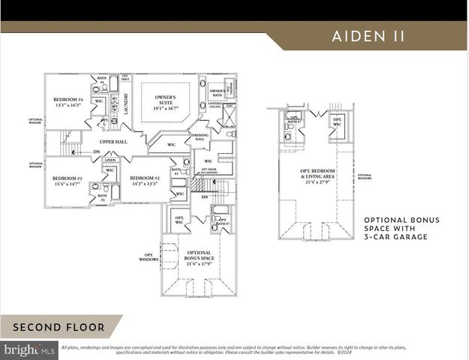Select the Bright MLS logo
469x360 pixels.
coord(29,349)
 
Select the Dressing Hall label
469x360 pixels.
coord(200,138)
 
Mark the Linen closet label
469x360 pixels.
coord(110,160)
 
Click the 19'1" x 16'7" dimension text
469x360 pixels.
coord(166,109)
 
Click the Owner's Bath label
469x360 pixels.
coord(217,92)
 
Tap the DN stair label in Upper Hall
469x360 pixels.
coord(96,152)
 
